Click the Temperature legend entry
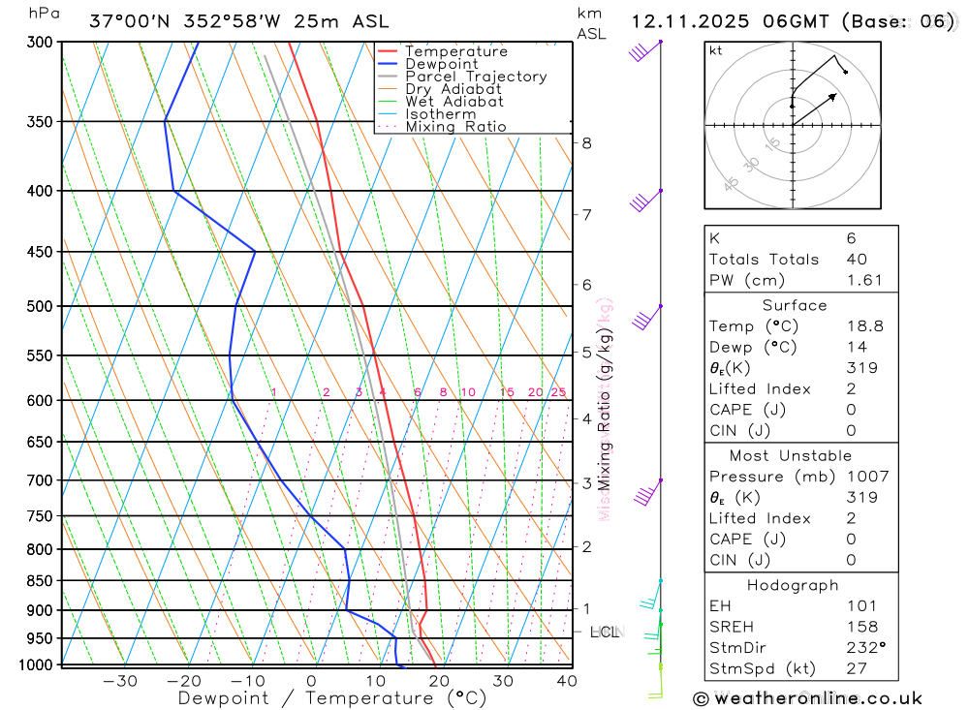[455, 51]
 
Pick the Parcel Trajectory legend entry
[476, 77]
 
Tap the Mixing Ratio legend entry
[455, 127]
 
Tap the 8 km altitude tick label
[586, 143]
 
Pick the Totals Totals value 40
[857, 260]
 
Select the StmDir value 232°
[864, 648]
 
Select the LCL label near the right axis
[604, 632]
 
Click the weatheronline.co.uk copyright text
[808, 697]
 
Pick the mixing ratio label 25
[558, 392]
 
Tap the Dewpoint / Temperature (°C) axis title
[331, 698]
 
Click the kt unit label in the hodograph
[716, 50]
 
